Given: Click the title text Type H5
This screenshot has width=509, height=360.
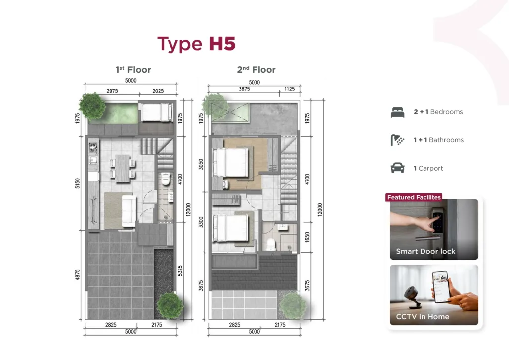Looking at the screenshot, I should (x=196, y=44).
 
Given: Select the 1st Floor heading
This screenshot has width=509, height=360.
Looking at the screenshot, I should (x=133, y=70).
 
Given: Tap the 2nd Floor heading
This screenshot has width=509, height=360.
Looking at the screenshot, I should (x=256, y=70).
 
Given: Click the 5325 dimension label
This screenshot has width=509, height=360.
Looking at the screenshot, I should (x=181, y=270).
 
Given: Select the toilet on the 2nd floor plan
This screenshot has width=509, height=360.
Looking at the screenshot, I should (x=271, y=244).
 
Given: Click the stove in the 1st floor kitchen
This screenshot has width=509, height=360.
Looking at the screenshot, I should (x=92, y=147).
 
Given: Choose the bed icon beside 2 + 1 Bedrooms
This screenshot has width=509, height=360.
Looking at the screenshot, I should (x=398, y=112).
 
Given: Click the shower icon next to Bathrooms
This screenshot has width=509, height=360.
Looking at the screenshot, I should (x=398, y=140).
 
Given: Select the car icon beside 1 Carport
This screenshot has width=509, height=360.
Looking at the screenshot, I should (x=398, y=168).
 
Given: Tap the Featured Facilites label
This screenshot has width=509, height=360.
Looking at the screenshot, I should (x=414, y=197).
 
